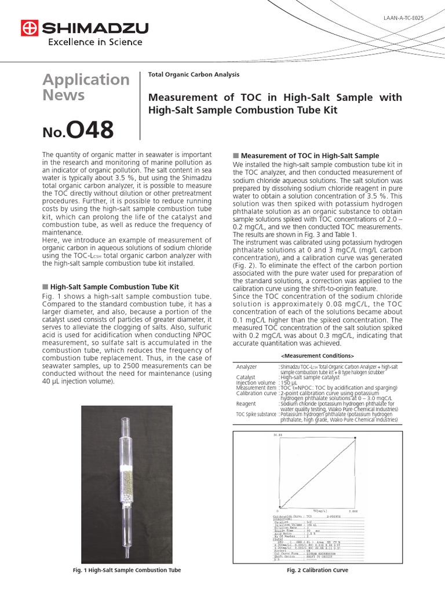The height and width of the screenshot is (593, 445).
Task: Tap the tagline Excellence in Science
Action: [x=94, y=42]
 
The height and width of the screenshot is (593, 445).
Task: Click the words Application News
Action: [x=86, y=87]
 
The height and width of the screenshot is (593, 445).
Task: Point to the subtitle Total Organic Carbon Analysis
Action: [x=194, y=75]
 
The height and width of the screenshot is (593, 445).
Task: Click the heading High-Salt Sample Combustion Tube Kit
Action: [x=114, y=287]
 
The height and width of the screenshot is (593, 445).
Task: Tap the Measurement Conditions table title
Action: [x=318, y=356]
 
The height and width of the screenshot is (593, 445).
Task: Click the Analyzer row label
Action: [x=247, y=367]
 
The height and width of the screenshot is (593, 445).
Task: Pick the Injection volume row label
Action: [x=256, y=383]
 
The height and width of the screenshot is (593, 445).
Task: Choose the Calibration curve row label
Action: [x=256, y=393]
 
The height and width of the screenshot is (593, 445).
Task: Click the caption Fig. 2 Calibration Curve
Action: [x=317, y=570]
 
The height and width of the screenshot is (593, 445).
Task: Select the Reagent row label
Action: [x=246, y=404]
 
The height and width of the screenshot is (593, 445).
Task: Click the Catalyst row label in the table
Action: [x=246, y=378]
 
